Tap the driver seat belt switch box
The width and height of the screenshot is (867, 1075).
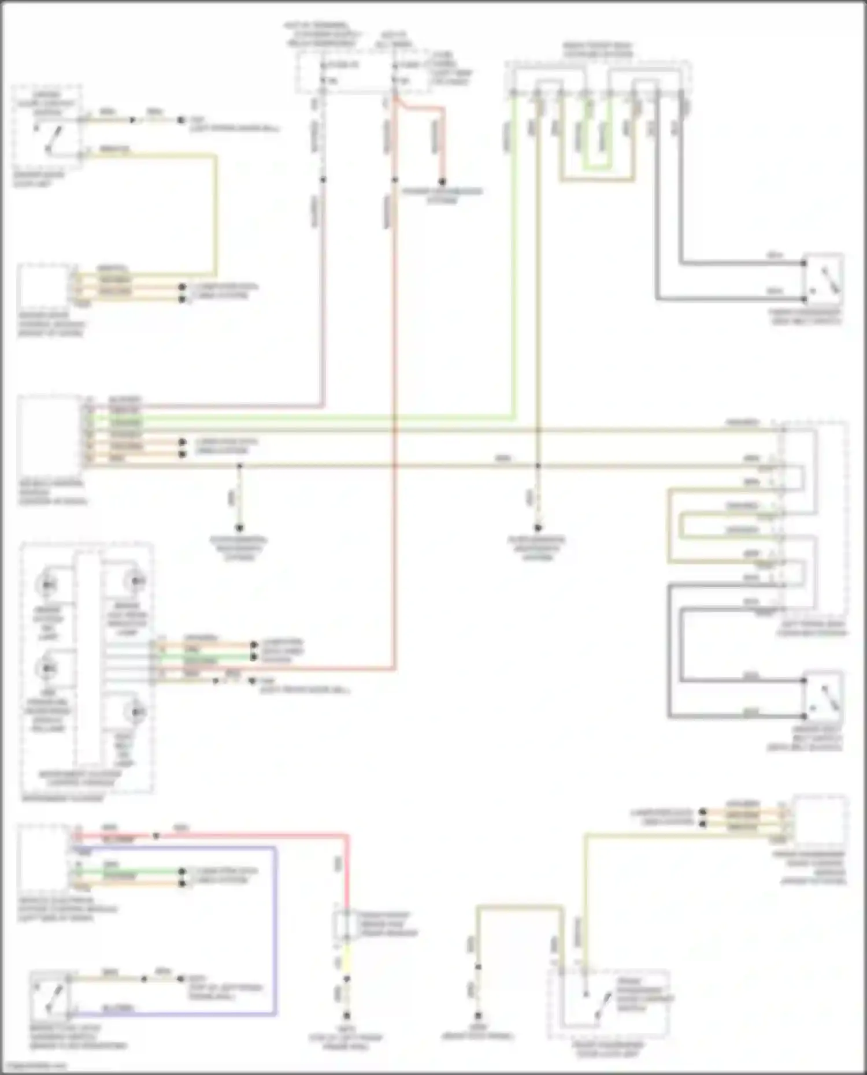823,698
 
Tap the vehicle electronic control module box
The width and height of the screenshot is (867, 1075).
43,857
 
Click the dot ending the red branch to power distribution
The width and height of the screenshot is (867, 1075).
442,180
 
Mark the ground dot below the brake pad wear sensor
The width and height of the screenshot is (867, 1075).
347,1016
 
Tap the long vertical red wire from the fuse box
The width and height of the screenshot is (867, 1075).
395,404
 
